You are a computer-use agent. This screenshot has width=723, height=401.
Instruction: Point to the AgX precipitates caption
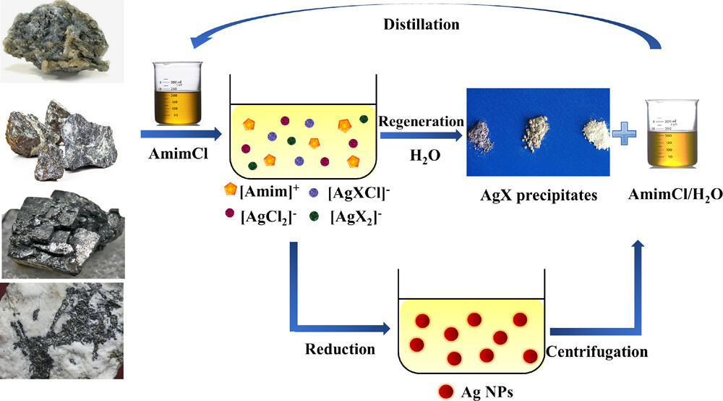[x=537, y=195]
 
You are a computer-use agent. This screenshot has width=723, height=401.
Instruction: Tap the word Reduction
[x=341, y=349]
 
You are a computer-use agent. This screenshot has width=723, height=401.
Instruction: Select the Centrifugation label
[x=596, y=353]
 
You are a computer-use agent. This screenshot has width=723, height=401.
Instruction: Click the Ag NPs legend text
[x=487, y=392]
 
